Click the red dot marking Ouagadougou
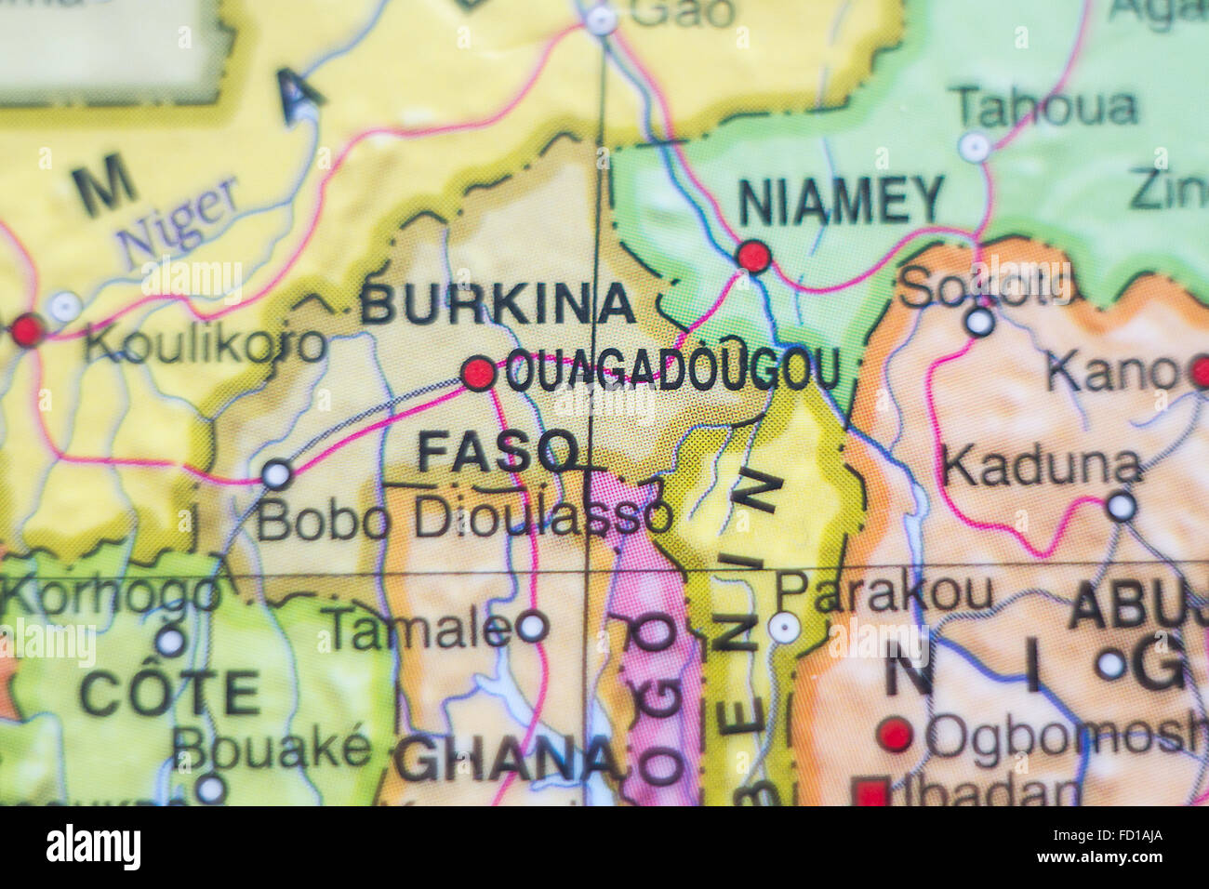(x=479, y=373)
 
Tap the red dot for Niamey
(x=753, y=255)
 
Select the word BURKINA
(x=498, y=304)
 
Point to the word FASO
(x=498, y=452)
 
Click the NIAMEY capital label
(x=841, y=200)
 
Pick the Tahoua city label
(x=1046, y=108)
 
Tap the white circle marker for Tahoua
(x=975, y=146)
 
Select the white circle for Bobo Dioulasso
(x=276, y=474)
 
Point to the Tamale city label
(x=418, y=630)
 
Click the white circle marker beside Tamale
(x=532, y=626)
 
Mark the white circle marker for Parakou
(x=784, y=628)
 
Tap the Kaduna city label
(x=1040, y=466)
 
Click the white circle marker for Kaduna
(x=1121, y=506)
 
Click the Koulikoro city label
(x=205, y=345)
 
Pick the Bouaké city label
(x=272, y=747)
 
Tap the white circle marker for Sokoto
(x=979, y=322)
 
